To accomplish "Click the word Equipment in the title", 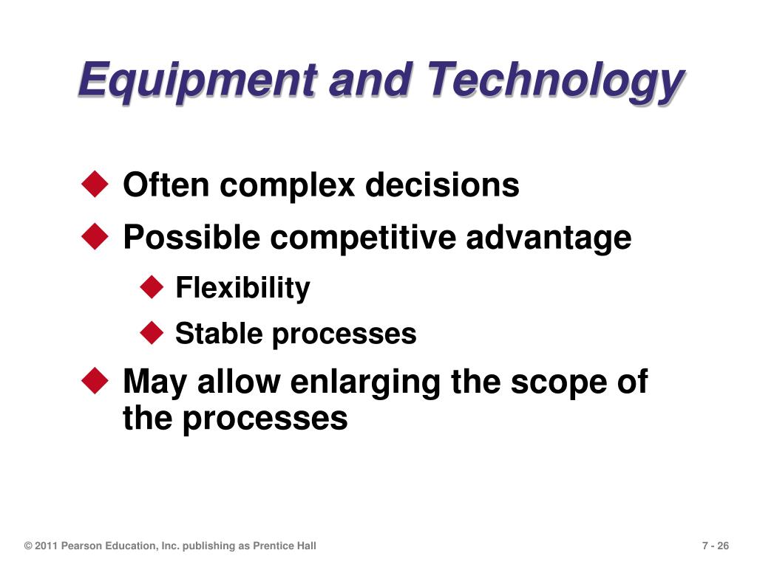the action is [197, 80].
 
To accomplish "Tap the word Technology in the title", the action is [555, 80].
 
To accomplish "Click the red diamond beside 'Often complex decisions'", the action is [95, 184].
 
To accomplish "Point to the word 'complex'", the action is [288, 186].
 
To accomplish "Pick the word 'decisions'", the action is [442, 184].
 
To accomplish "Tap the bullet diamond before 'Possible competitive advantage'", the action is [95, 236].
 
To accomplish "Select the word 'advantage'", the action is [549, 238].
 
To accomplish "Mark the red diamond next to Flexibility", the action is [152, 286].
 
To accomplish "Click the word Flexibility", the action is [242, 288].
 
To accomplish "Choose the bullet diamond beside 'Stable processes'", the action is [152, 332].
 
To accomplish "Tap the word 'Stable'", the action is [219, 333].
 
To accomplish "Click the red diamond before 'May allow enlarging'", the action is [95, 380].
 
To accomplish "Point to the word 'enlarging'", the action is [365, 383].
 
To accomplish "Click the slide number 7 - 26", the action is [716, 546].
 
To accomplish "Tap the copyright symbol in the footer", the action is [29, 546].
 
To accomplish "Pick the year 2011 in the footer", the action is [47, 546].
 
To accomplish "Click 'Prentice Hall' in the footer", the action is [285, 546].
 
